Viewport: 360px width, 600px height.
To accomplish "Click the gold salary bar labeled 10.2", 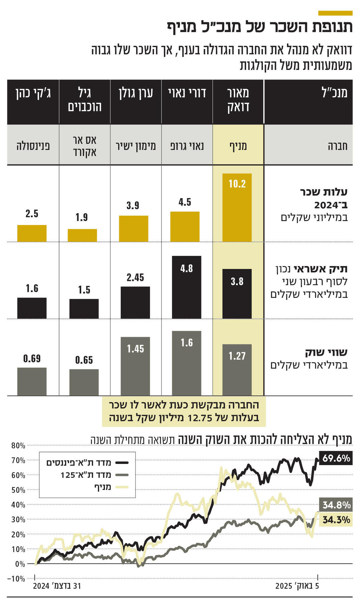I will [237, 207].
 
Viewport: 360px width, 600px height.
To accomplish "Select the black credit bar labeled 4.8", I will [186, 287].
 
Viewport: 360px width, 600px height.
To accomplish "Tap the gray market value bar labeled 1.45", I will [135, 366].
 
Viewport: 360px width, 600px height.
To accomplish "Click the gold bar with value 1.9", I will [82, 235].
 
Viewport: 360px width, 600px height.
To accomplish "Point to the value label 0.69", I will [32, 359].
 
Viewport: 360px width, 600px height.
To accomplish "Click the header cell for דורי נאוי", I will [187, 93].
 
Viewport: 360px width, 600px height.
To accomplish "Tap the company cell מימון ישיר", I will [136, 146].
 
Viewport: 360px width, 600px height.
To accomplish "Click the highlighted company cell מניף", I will [238, 146].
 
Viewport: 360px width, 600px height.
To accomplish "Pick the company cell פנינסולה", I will [33, 146].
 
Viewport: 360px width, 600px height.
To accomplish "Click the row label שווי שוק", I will [326, 353].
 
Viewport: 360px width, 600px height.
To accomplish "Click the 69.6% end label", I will [336, 458].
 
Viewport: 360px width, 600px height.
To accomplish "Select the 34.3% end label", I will [336, 520].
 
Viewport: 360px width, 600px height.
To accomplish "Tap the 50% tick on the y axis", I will [18, 490].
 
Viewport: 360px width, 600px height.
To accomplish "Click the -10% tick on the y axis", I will [17, 579].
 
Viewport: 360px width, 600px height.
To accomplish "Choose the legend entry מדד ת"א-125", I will [86, 475].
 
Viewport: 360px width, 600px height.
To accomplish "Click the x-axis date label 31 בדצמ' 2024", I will [57, 586].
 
